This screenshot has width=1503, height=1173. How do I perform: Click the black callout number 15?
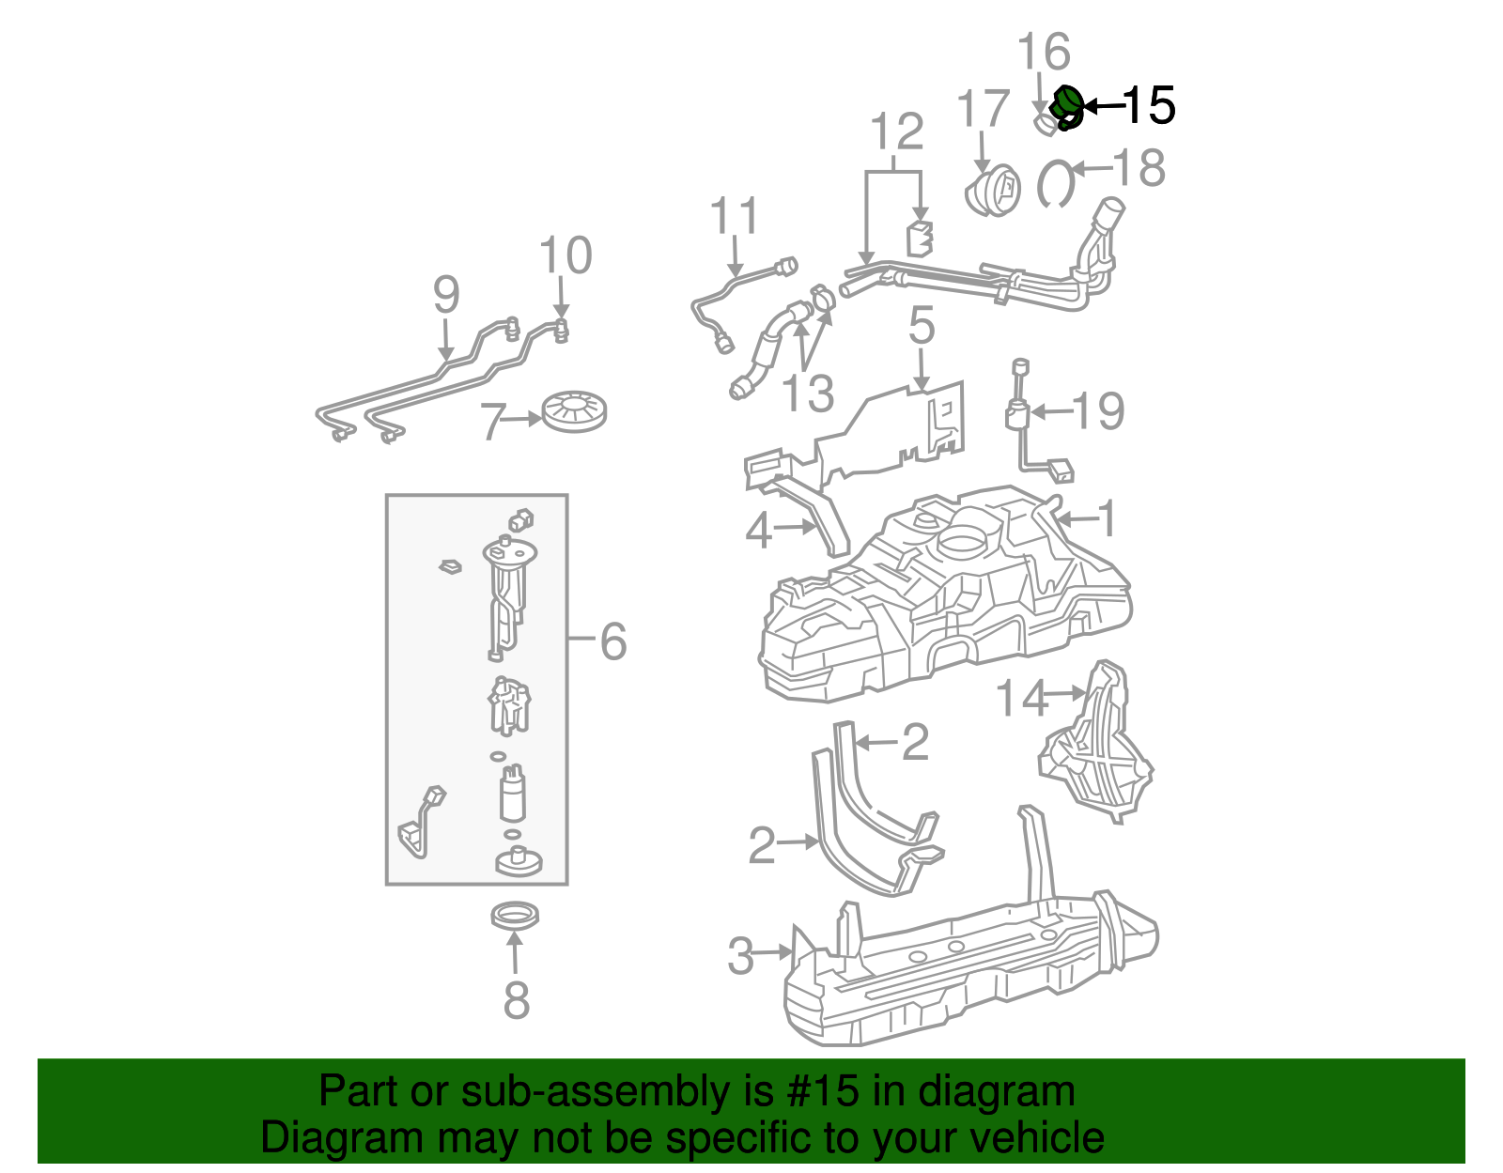pos(1148,105)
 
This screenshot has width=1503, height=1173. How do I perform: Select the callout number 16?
pos(1044,53)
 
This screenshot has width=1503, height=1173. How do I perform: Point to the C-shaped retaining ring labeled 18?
pos(1055,184)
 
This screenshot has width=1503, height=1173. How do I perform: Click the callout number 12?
pos(897,132)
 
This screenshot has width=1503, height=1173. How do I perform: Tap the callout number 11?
pos(734,217)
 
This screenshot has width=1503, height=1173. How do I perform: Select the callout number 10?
pos(566,255)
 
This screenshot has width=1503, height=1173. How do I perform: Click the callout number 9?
pos(446,295)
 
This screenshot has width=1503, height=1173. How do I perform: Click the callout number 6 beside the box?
pos(612,642)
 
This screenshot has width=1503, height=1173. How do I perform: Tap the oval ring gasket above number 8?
pos(516,915)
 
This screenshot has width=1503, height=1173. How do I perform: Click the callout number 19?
pos(1097,411)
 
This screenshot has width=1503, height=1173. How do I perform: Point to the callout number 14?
pos(1021,700)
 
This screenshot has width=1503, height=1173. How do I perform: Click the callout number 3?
pos(741,957)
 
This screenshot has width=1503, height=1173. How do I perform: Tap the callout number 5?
pos(922,326)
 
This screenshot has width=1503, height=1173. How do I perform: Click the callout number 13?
pos(808,394)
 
